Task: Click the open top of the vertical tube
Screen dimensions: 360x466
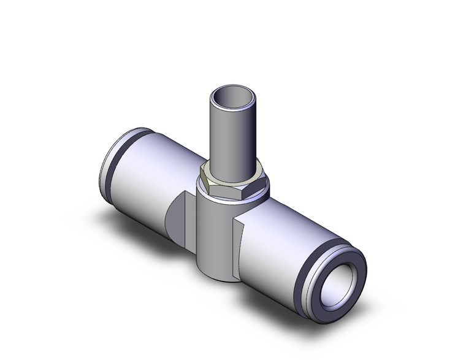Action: pyautogui.click(x=231, y=98)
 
